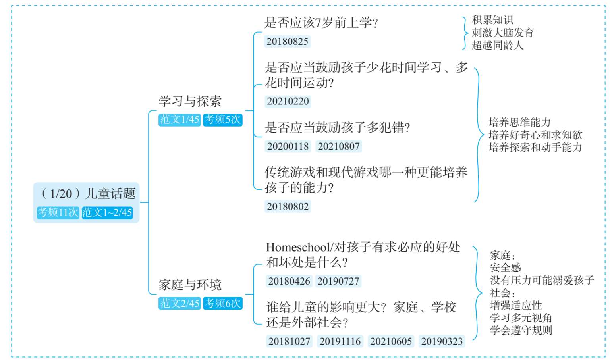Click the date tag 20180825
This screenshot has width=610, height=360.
pos(287,41)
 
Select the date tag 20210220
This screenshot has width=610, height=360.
pos(288,101)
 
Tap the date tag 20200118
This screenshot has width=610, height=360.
pos(288,146)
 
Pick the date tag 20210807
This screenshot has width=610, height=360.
pos(339,146)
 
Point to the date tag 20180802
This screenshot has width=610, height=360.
pos(288,206)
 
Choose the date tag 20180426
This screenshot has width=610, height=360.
pos(289,281)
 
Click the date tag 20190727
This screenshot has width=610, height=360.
pos(338,281)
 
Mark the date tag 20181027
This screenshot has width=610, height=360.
pos(289,341)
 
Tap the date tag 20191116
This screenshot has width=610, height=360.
pos(340,341)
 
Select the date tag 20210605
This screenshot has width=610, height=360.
pos(391,341)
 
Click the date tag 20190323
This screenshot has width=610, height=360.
pos(442,341)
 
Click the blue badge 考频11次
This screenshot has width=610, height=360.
pos(58,212)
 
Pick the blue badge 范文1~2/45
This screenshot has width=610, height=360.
pos(107,212)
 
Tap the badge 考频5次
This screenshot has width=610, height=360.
pos(223,120)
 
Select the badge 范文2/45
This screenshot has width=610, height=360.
pos(180,303)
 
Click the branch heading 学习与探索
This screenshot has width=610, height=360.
pos(190,101)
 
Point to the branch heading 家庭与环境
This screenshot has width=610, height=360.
pos(190,285)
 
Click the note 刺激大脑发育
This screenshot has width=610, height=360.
pos(503,33)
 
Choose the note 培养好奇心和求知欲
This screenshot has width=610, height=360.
pos(535,135)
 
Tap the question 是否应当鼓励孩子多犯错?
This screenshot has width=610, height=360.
pos(338,127)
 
